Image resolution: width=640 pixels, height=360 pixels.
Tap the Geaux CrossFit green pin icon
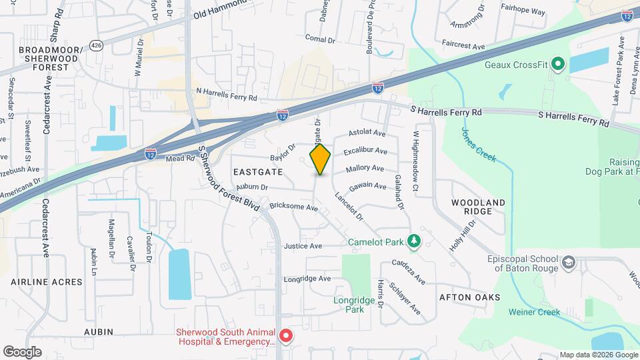coord(557,65)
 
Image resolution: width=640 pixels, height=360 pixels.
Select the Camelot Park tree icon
coord(414,240)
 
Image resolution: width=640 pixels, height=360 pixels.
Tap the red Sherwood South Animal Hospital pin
coord(286,336)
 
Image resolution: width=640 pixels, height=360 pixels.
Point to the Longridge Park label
coord(349,305)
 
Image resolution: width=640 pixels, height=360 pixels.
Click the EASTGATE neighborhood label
coord(259,172)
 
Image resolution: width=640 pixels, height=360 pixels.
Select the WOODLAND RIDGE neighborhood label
coord(478,206)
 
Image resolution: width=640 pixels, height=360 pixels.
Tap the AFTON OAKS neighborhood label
coord(470,297)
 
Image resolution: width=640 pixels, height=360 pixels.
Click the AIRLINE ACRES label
coord(47,282)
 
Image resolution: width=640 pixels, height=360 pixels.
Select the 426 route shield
coord(97,46)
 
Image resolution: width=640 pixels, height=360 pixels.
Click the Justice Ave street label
coord(303,246)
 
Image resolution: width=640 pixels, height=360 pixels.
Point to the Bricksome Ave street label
coord(295,207)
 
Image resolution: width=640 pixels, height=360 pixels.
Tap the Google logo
coord(22,351)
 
